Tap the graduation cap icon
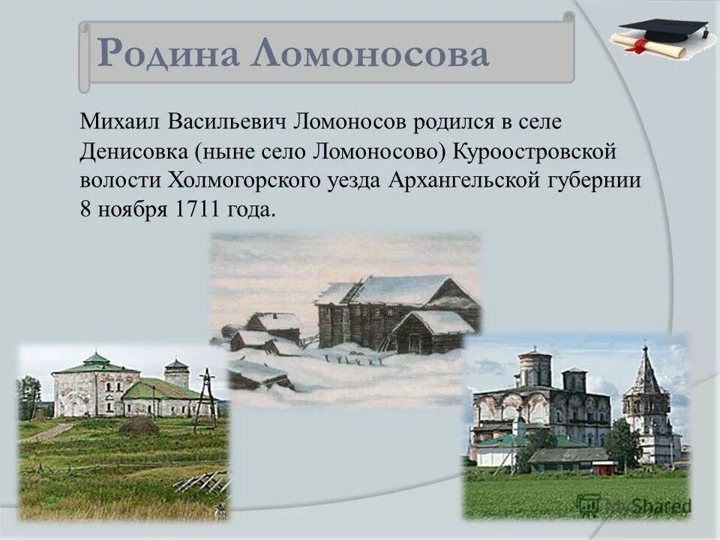(x=663, y=31)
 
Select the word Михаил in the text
(x=119, y=121)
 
